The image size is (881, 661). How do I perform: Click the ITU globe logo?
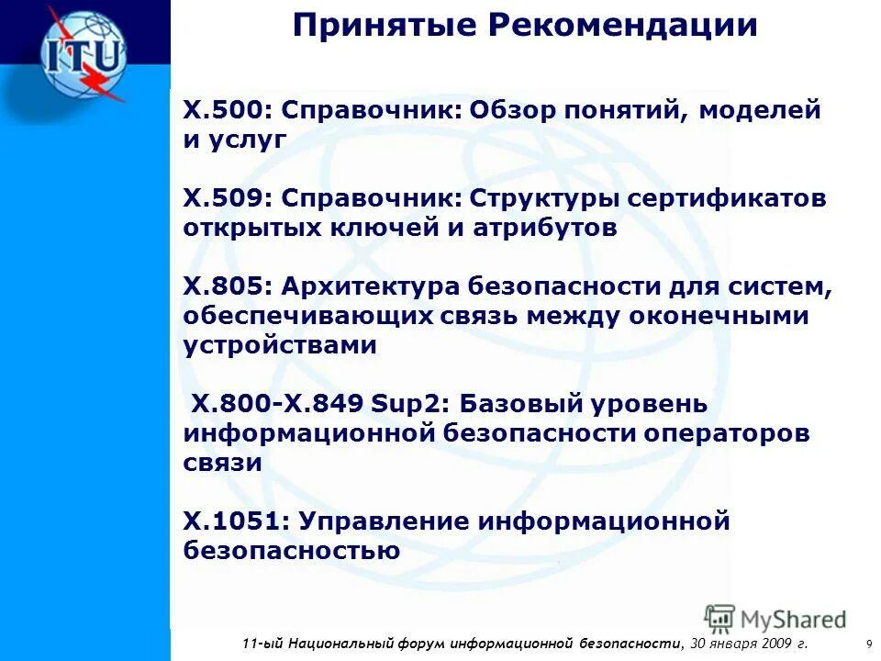pyautogui.click(x=83, y=53)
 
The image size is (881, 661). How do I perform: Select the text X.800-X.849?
pyautogui.click(x=278, y=403)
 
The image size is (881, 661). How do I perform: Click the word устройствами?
pyautogui.click(x=280, y=345)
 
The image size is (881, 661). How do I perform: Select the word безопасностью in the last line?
pyautogui.click(x=291, y=551)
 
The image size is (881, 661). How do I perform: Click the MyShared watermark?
pyautogui.click(x=775, y=620)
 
